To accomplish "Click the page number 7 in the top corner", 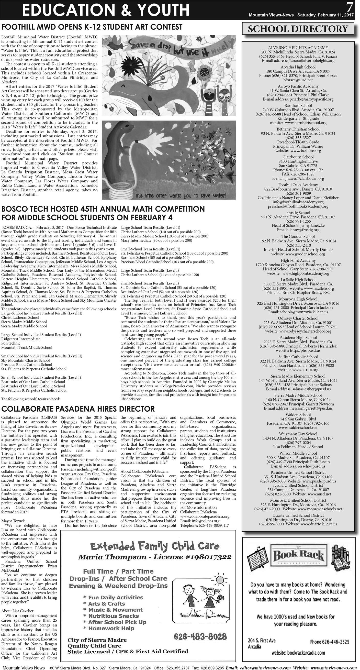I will coord(350,6).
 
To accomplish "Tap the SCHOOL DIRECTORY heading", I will coord(298,29).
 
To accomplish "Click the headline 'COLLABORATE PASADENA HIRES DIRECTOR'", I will coord(78,409).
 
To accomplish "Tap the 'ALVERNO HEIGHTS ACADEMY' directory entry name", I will coord(298,48).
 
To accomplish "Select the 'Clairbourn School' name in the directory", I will coord(298,157).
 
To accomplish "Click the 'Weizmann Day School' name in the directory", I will coord(298,434).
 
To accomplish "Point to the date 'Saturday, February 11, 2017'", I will coord(325,15).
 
